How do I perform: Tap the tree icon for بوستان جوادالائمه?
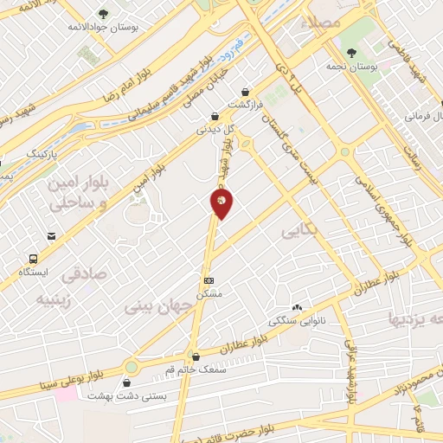point(104,14)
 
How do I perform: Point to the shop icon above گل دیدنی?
point(215,117)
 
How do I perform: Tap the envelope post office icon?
point(53,235)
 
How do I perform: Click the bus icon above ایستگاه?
point(34,258)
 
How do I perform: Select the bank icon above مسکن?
point(209,280)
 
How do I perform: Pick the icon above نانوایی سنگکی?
point(297,307)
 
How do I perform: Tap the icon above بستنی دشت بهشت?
point(129,382)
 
